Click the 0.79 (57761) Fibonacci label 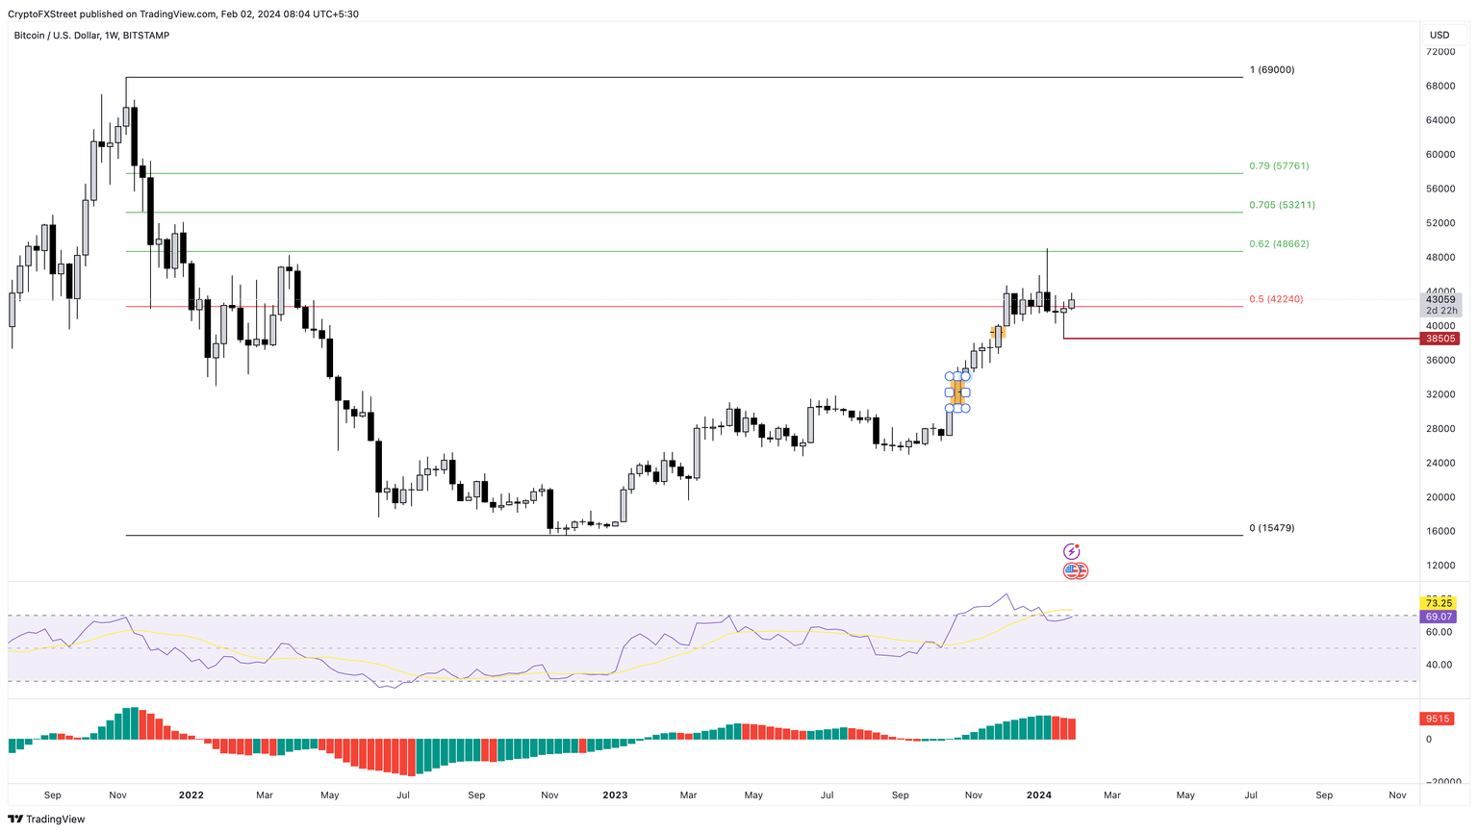pyautogui.click(x=1278, y=166)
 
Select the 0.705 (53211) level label pyautogui.click(x=1282, y=205)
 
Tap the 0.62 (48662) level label pyautogui.click(x=1278, y=244)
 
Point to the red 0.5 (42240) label pyautogui.click(x=1276, y=299)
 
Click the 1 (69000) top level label pyautogui.click(x=1271, y=70)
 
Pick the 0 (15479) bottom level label pyautogui.click(x=1271, y=528)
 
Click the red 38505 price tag pyautogui.click(x=1440, y=339)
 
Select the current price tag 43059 pyautogui.click(x=1440, y=299)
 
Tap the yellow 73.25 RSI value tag pyautogui.click(x=1439, y=603)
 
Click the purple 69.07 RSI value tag pyautogui.click(x=1439, y=617)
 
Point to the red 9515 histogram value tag pyautogui.click(x=1438, y=719)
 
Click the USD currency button pyautogui.click(x=1439, y=36)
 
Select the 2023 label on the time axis pyautogui.click(x=615, y=795)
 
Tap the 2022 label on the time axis pyautogui.click(x=191, y=795)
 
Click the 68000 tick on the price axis pyautogui.click(x=1440, y=86)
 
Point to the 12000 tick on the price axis pyautogui.click(x=1440, y=566)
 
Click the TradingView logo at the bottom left pyautogui.click(x=46, y=820)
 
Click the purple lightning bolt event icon pyautogui.click(x=1071, y=551)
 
